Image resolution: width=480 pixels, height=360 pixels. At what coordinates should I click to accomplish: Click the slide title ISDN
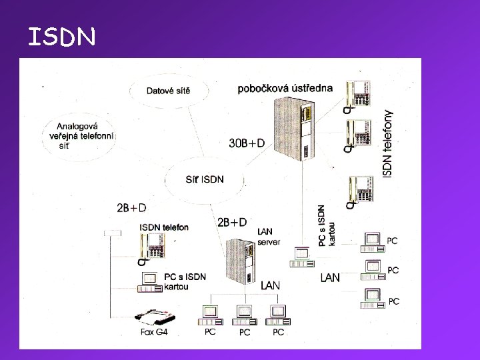click(62, 37)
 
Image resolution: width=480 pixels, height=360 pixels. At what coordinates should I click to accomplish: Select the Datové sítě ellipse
click(168, 91)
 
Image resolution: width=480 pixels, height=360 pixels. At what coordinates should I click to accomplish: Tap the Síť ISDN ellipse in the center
click(204, 179)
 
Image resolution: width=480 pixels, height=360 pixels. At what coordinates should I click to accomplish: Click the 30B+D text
click(247, 143)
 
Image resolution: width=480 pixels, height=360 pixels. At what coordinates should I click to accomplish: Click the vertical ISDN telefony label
click(389, 143)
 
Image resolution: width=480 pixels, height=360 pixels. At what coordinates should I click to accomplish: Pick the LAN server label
click(269, 237)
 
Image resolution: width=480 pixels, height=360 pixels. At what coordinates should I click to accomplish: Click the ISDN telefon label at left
click(164, 227)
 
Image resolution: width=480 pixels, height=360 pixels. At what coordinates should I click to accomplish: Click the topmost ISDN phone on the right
click(359, 94)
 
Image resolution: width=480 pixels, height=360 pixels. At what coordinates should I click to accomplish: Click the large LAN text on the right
click(330, 277)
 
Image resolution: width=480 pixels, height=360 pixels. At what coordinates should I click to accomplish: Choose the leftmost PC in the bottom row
click(210, 314)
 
